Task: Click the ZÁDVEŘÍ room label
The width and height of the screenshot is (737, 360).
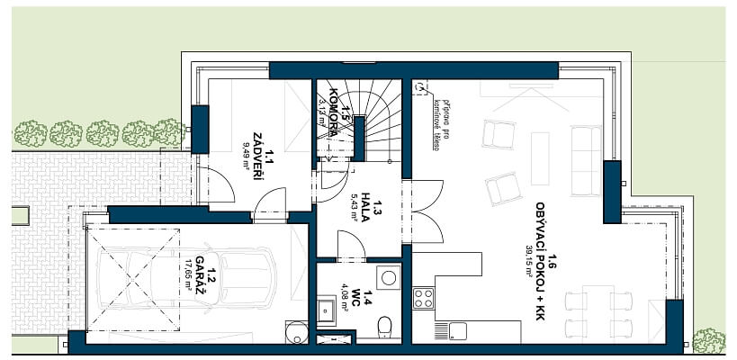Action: click(257, 156)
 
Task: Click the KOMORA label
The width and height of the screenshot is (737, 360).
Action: click(333, 113)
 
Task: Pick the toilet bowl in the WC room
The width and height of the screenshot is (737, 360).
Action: click(384, 325)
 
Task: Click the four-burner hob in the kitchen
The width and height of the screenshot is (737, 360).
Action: click(423, 298)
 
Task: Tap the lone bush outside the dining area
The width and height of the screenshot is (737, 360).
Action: click(708, 340)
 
